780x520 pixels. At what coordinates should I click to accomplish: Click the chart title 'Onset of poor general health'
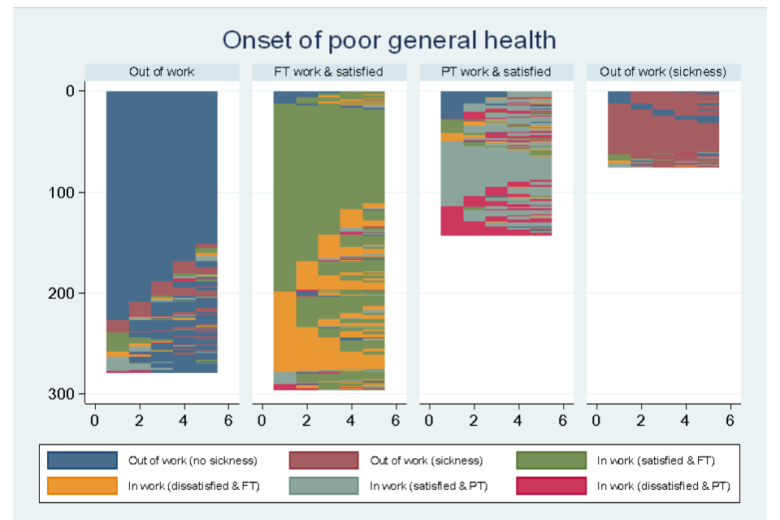[389, 40]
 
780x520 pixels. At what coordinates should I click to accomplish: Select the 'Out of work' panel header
[162, 71]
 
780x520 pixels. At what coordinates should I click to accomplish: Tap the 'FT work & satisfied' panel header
[329, 71]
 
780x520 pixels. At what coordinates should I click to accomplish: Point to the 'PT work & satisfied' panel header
[496, 71]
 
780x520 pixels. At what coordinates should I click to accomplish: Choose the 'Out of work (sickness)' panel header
[663, 71]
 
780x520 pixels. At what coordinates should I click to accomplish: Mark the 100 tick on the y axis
[62, 193]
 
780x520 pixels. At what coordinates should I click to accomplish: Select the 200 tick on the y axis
[62, 293]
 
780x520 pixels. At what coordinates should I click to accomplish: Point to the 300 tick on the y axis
[62, 394]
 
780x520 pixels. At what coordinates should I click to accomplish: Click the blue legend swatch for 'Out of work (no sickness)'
[81, 461]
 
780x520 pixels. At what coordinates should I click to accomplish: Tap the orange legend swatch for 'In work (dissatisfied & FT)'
[81, 485]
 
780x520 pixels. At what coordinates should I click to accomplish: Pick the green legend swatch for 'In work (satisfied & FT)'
[551, 461]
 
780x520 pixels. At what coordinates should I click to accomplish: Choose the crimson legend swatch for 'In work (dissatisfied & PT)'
[551, 485]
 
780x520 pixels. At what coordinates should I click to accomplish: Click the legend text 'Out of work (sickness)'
[426, 461]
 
